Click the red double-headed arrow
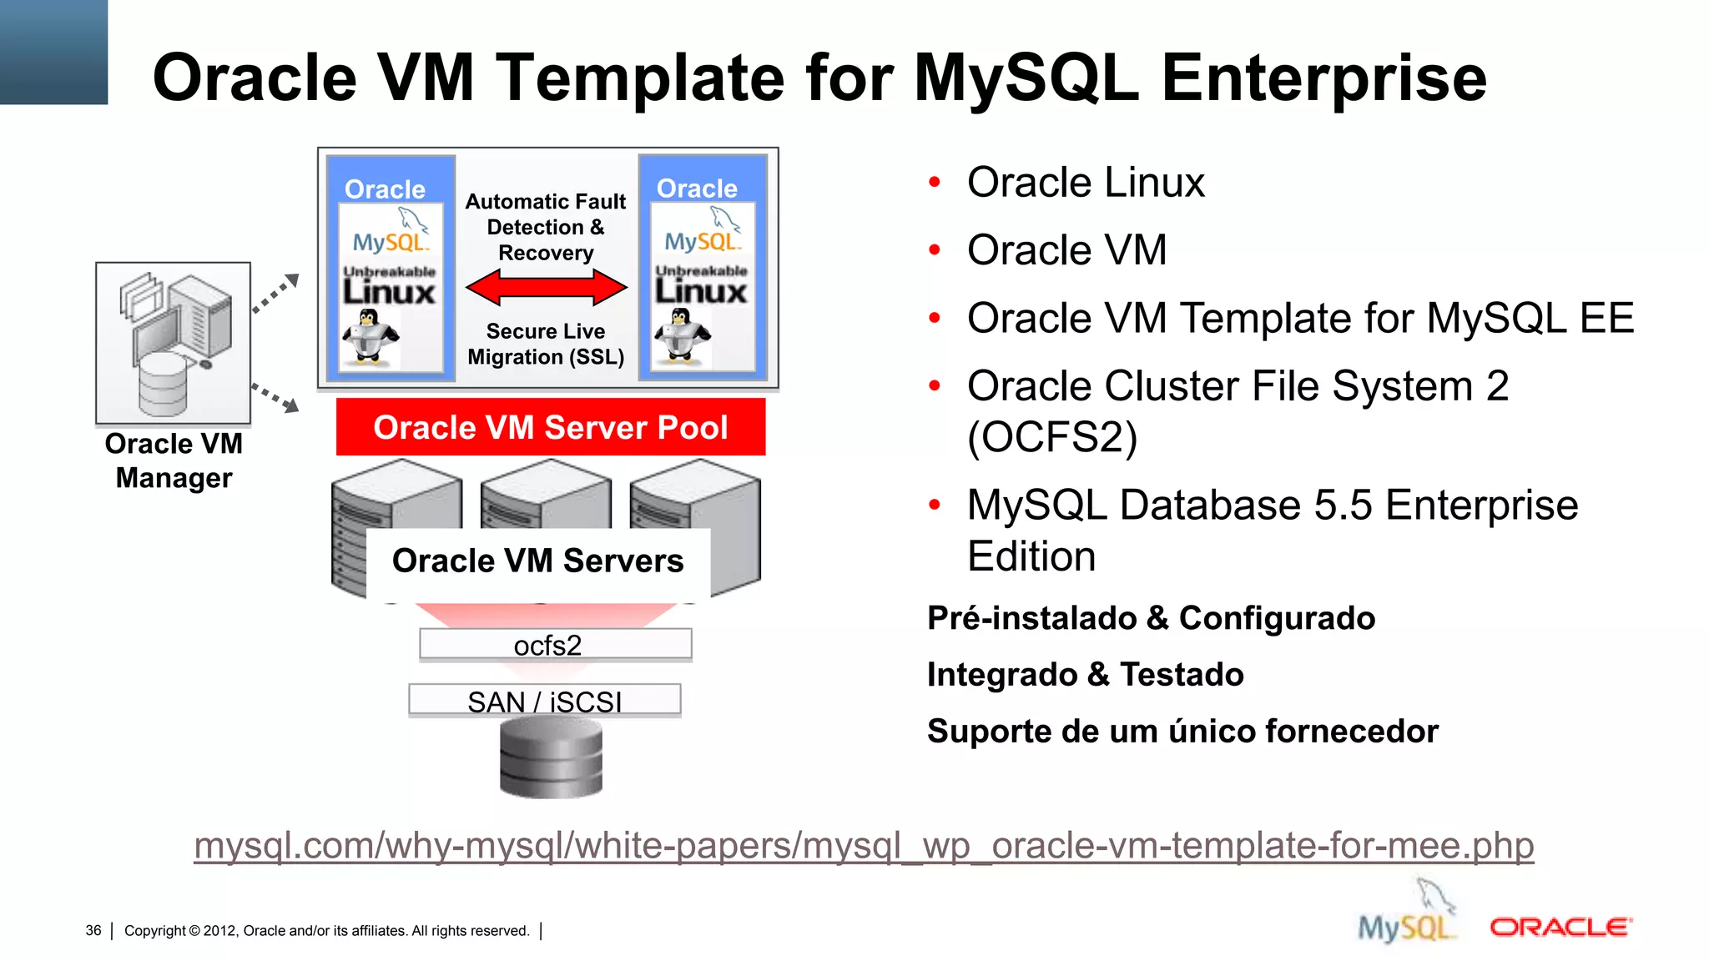(x=546, y=288)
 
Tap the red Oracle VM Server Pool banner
(x=551, y=427)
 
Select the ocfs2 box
(x=555, y=645)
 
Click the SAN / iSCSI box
(x=544, y=701)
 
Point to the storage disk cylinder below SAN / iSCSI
(x=551, y=757)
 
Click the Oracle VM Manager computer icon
(x=174, y=343)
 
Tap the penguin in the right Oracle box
(x=681, y=335)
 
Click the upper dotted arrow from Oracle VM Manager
(x=276, y=293)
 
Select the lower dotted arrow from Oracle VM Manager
(x=276, y=397)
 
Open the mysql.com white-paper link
(x=864, y=846)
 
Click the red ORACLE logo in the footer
(x=1560, y=928)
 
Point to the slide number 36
(x=93, y=931)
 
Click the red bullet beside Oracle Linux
(x=935, y=183)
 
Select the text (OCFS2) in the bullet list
(x=1052, y=437)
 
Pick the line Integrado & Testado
(x=1085, y=675)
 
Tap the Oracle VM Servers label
(x=538, y=561)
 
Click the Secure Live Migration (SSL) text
(x=546, y=345)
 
